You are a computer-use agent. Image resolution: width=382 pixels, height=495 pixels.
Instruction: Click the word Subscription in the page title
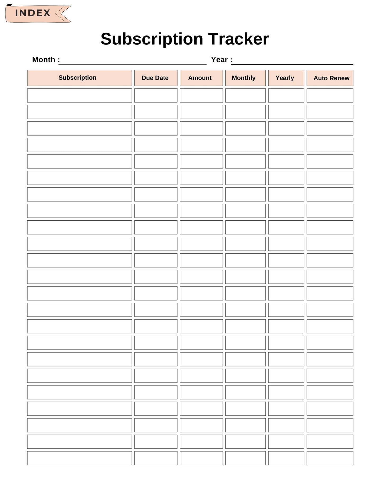click(151, 39)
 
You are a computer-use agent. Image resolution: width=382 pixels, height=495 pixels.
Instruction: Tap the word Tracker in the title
click(238, 39)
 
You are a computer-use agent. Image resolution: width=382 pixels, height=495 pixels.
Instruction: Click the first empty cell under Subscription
click(79, 96)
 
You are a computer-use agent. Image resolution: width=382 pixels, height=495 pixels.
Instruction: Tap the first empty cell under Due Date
click(156, 96)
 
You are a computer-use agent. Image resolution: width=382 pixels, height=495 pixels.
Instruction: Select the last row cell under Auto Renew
click(330, 458)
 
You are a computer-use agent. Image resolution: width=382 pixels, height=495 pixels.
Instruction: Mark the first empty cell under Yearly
click(286, 96)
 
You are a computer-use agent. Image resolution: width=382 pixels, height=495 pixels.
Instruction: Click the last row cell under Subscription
click(79, 458)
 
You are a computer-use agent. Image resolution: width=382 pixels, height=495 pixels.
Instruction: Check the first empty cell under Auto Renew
click(330, 96)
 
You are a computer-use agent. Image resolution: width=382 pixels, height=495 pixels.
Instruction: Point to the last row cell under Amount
click(201, 458)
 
